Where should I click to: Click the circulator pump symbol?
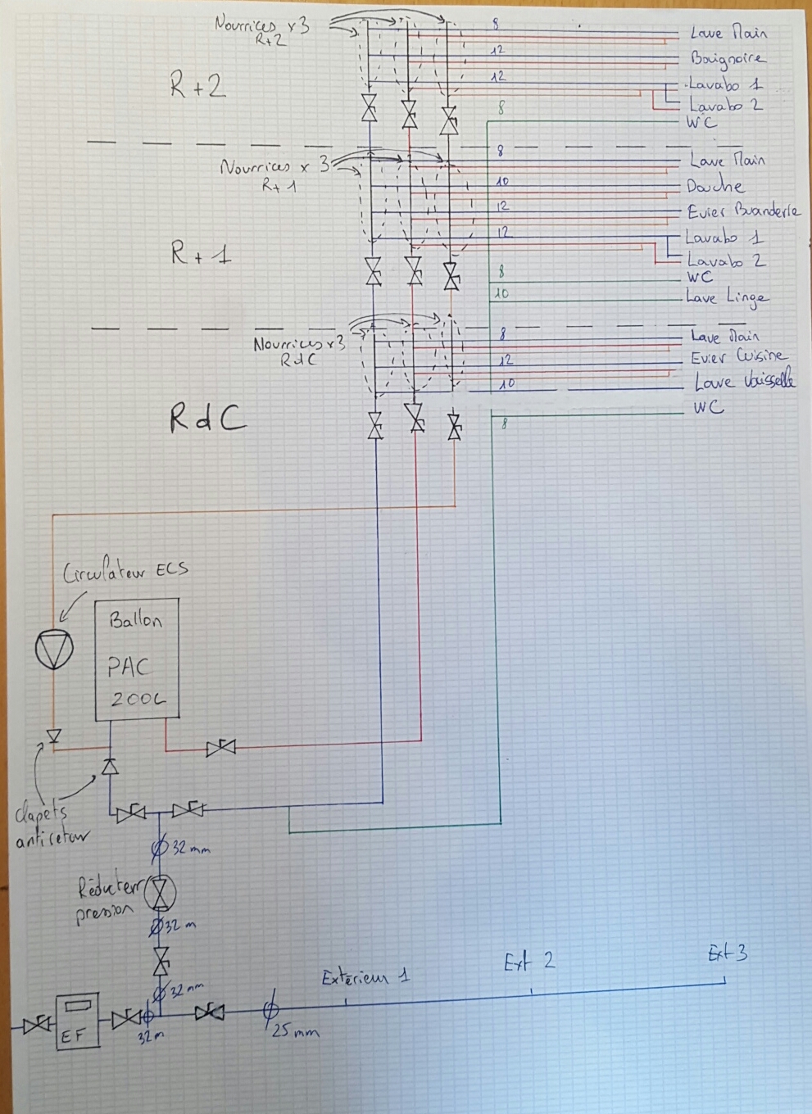click(x=54, y=650)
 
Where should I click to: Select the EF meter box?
click(x=76, y=1020)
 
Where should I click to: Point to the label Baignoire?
click(x=728, y=59)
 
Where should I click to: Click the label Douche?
click(x=714, y=186)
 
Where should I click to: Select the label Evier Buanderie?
click(x=743, y=211)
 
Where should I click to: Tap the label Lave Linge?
click(x=727, y=298)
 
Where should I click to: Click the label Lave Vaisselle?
click(x=743, y=382)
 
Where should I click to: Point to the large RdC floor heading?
click(x=207, y=419)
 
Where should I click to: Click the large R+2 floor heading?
click(x=198, y=86)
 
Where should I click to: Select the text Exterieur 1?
click(x=365, y=976)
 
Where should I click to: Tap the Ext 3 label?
click(x=728, y=953)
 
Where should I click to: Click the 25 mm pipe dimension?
click(x=293, y=1032)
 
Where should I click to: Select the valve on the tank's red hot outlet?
click(x=220, y=747)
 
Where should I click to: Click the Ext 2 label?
click(x=529, y=961)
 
